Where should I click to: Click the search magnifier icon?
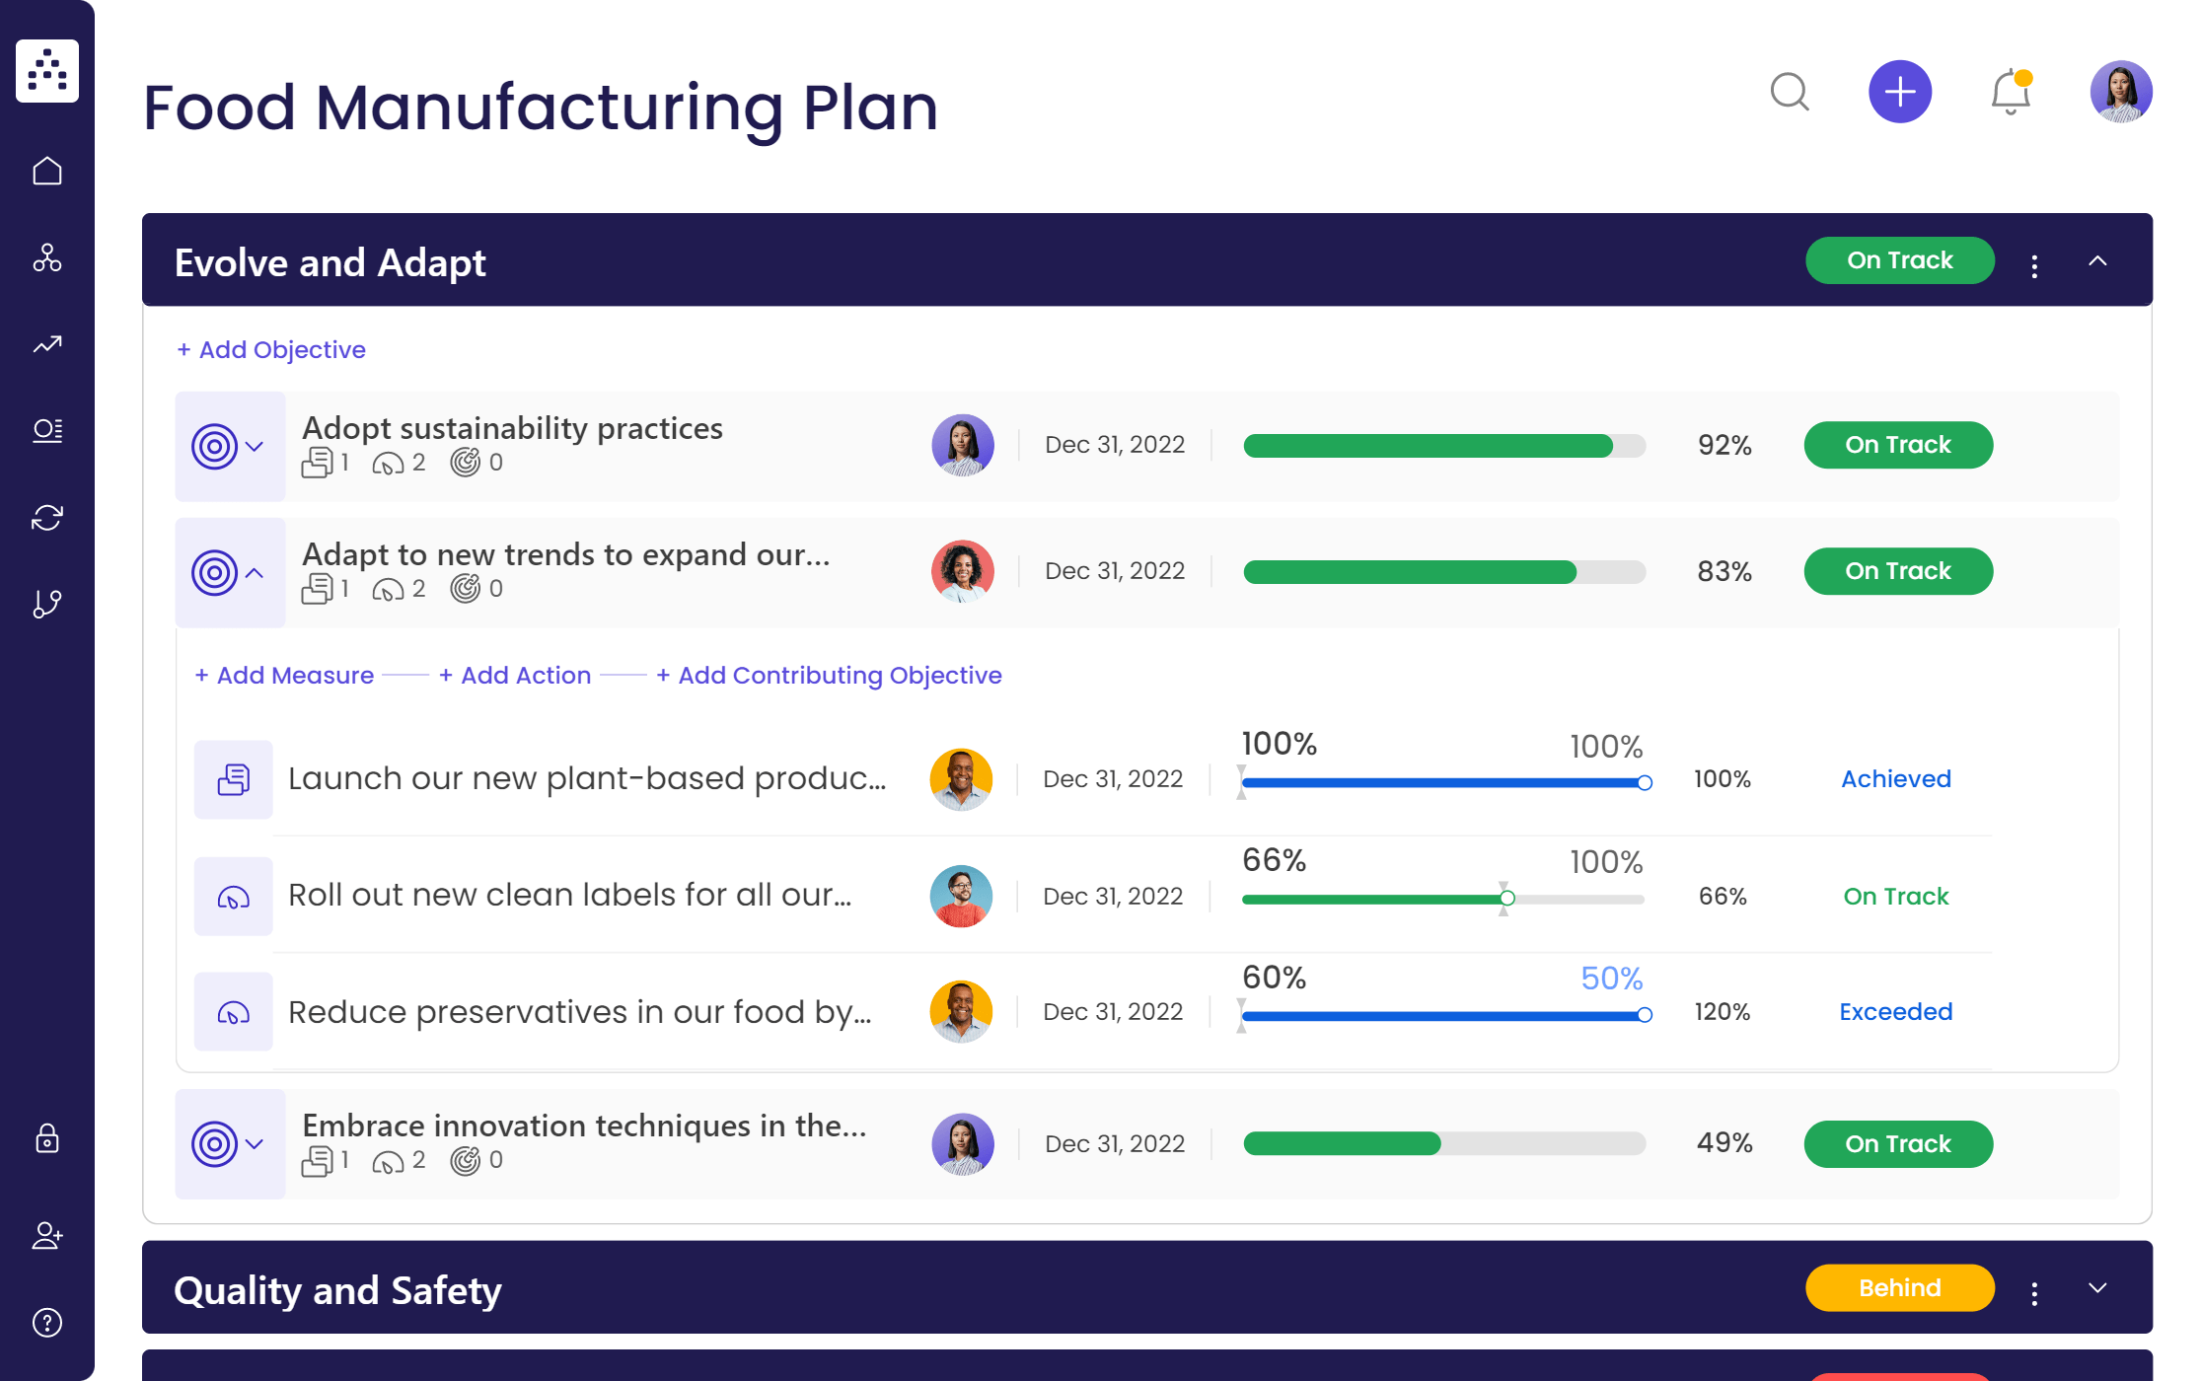click(x=1789, y=93)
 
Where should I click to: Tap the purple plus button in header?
click(x=1899, y=93)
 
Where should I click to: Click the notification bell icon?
click(x=2010, y=93)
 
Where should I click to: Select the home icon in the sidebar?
click(x=47, y=172)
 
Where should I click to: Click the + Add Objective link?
click(x=271, y=350)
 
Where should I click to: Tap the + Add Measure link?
click(x=284, y=676)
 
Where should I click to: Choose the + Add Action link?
click(x=515, y=676)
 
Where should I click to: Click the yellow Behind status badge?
click(x=1899, y=1288)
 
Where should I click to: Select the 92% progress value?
click(x=1723, y=446)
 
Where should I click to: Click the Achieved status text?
click(x=1895, y=779)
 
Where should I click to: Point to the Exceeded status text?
click(x=1895, y=1012)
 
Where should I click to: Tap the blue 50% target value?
click(x=1611, y=979)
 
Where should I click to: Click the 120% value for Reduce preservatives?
click(x=1722, y=1012)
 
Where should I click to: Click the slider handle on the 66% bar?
click(x=1506, y=899)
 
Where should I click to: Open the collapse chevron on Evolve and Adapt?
click(x=2097, y=261)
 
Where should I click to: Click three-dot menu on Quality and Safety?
click(x=2034, y=1293)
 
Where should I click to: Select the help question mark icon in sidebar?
click(x=47, y=1323)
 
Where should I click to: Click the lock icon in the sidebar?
click(x=47, y=1138)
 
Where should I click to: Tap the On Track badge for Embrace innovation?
click(x=1897, y=1144)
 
